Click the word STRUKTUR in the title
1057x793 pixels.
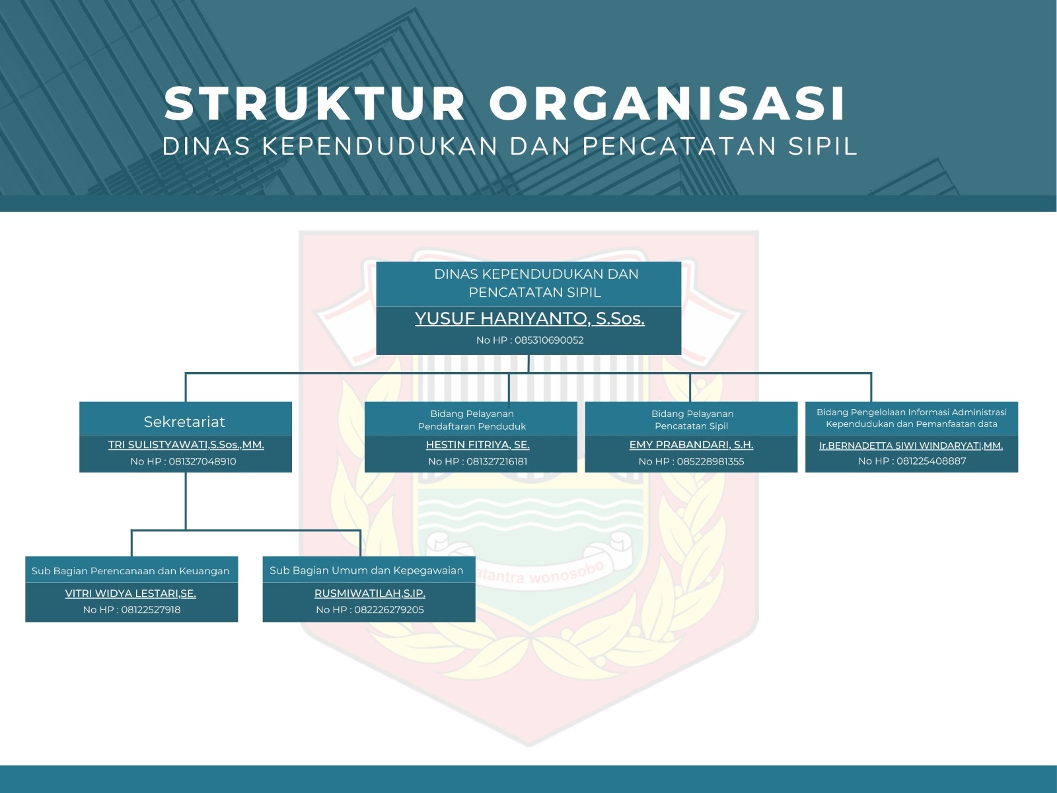315,103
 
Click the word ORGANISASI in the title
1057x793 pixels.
667,103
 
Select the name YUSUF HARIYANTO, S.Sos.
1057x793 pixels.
530,319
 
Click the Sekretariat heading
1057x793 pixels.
184,422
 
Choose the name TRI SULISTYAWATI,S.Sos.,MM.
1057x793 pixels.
186,445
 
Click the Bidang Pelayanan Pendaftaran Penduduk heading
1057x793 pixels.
472,420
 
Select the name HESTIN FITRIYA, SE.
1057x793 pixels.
478,445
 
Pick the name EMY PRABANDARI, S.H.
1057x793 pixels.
692,445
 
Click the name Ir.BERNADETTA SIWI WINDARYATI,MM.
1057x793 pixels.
911,445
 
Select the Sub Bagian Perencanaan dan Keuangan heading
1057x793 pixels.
131,571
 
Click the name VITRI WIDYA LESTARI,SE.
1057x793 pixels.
131,593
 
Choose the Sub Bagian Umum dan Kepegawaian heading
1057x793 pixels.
367,570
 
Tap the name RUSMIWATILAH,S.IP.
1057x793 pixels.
370,593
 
